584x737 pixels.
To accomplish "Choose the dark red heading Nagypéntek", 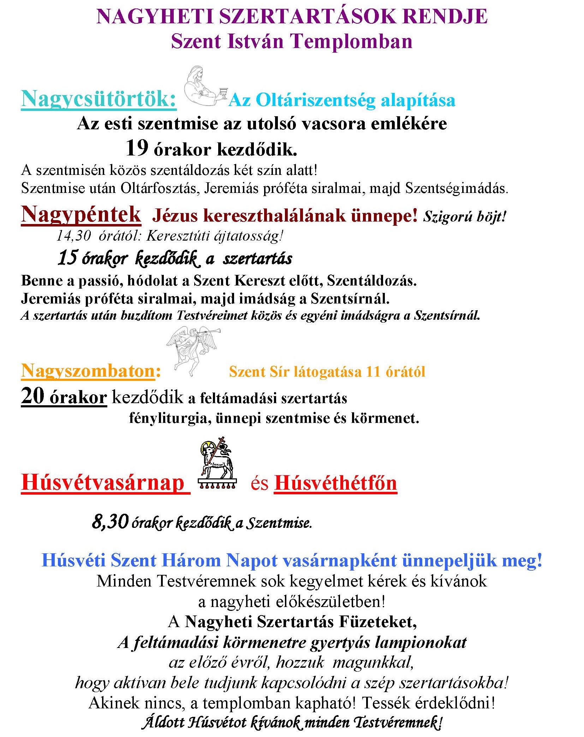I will pos(81,214).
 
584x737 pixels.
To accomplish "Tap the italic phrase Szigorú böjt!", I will pos(465,216).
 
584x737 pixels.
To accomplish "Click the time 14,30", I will pos(73,236).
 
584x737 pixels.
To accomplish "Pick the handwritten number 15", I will pos(67,258).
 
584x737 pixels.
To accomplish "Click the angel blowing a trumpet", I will pos(192,350).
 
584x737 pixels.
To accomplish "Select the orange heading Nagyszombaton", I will pos(88,371).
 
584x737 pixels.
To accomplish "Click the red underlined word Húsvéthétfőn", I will pos(335,483).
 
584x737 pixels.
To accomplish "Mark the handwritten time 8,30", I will pos(110,521).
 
